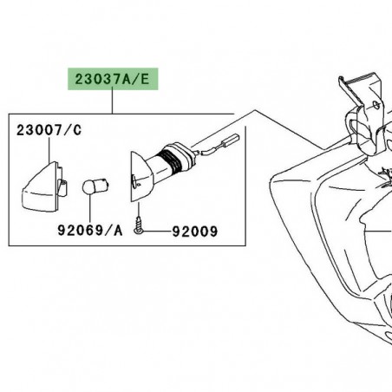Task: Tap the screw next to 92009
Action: pos(138,230)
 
